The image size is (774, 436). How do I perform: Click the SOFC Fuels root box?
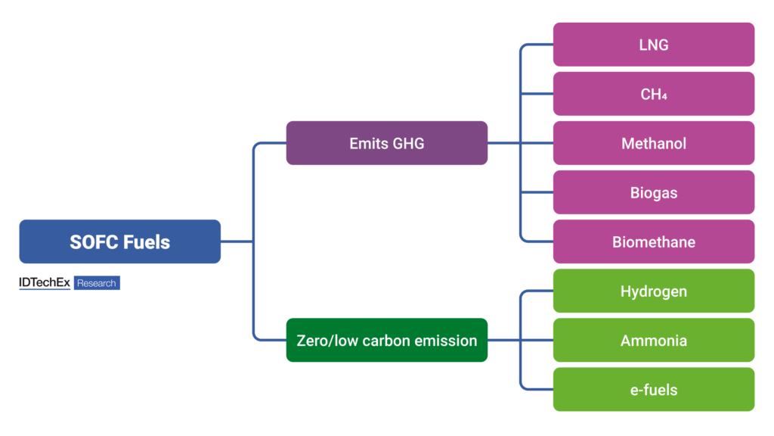pyautogui.click(x=119, y=241)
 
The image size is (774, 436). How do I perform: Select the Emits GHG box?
pyautogui.click(x=386, y=143)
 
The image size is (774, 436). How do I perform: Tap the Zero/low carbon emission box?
pyautogui.click(x=386, y=340)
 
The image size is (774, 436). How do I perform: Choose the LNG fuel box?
pyautogui.click(x=653, y=45)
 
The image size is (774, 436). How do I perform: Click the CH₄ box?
pyautogui.click(x=653, y=94)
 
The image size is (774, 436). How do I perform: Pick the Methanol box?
pyautogui.click(x=653, y=143)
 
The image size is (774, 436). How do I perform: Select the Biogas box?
pyautogui.click(x=653, y=192)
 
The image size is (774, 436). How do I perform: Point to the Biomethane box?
pyautogui.click(x=653, y=242)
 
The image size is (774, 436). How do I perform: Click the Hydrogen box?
pyautogui.click(x=653, y=291)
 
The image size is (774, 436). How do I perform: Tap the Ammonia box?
pyautogui.click(x=653, y=340)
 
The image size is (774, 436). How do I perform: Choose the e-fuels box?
pyautogui.click(x=653, y=389)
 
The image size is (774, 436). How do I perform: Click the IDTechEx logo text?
pyautogui.click(x=45, y=282)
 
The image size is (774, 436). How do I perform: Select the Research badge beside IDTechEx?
pyautogui.click(x=97, y=283)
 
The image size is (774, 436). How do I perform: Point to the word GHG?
pyautogui.click(x=408, y=143)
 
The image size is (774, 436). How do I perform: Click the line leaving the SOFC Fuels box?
pyautogui.click(x=236, y=241)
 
